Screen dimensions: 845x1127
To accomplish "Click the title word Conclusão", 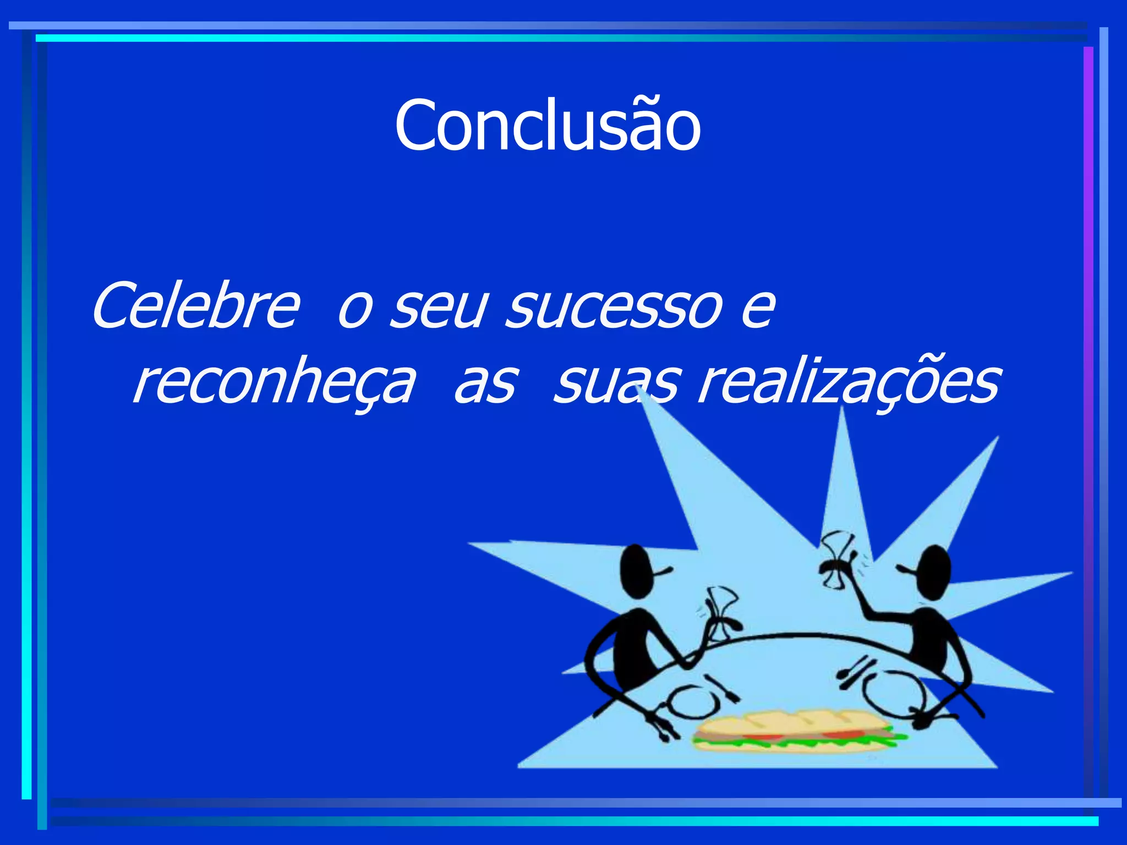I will [548, 125].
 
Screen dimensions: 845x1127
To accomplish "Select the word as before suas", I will [485, 382].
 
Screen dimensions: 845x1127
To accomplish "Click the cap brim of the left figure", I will [663, 572].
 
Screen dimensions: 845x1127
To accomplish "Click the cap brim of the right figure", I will [905, 570].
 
